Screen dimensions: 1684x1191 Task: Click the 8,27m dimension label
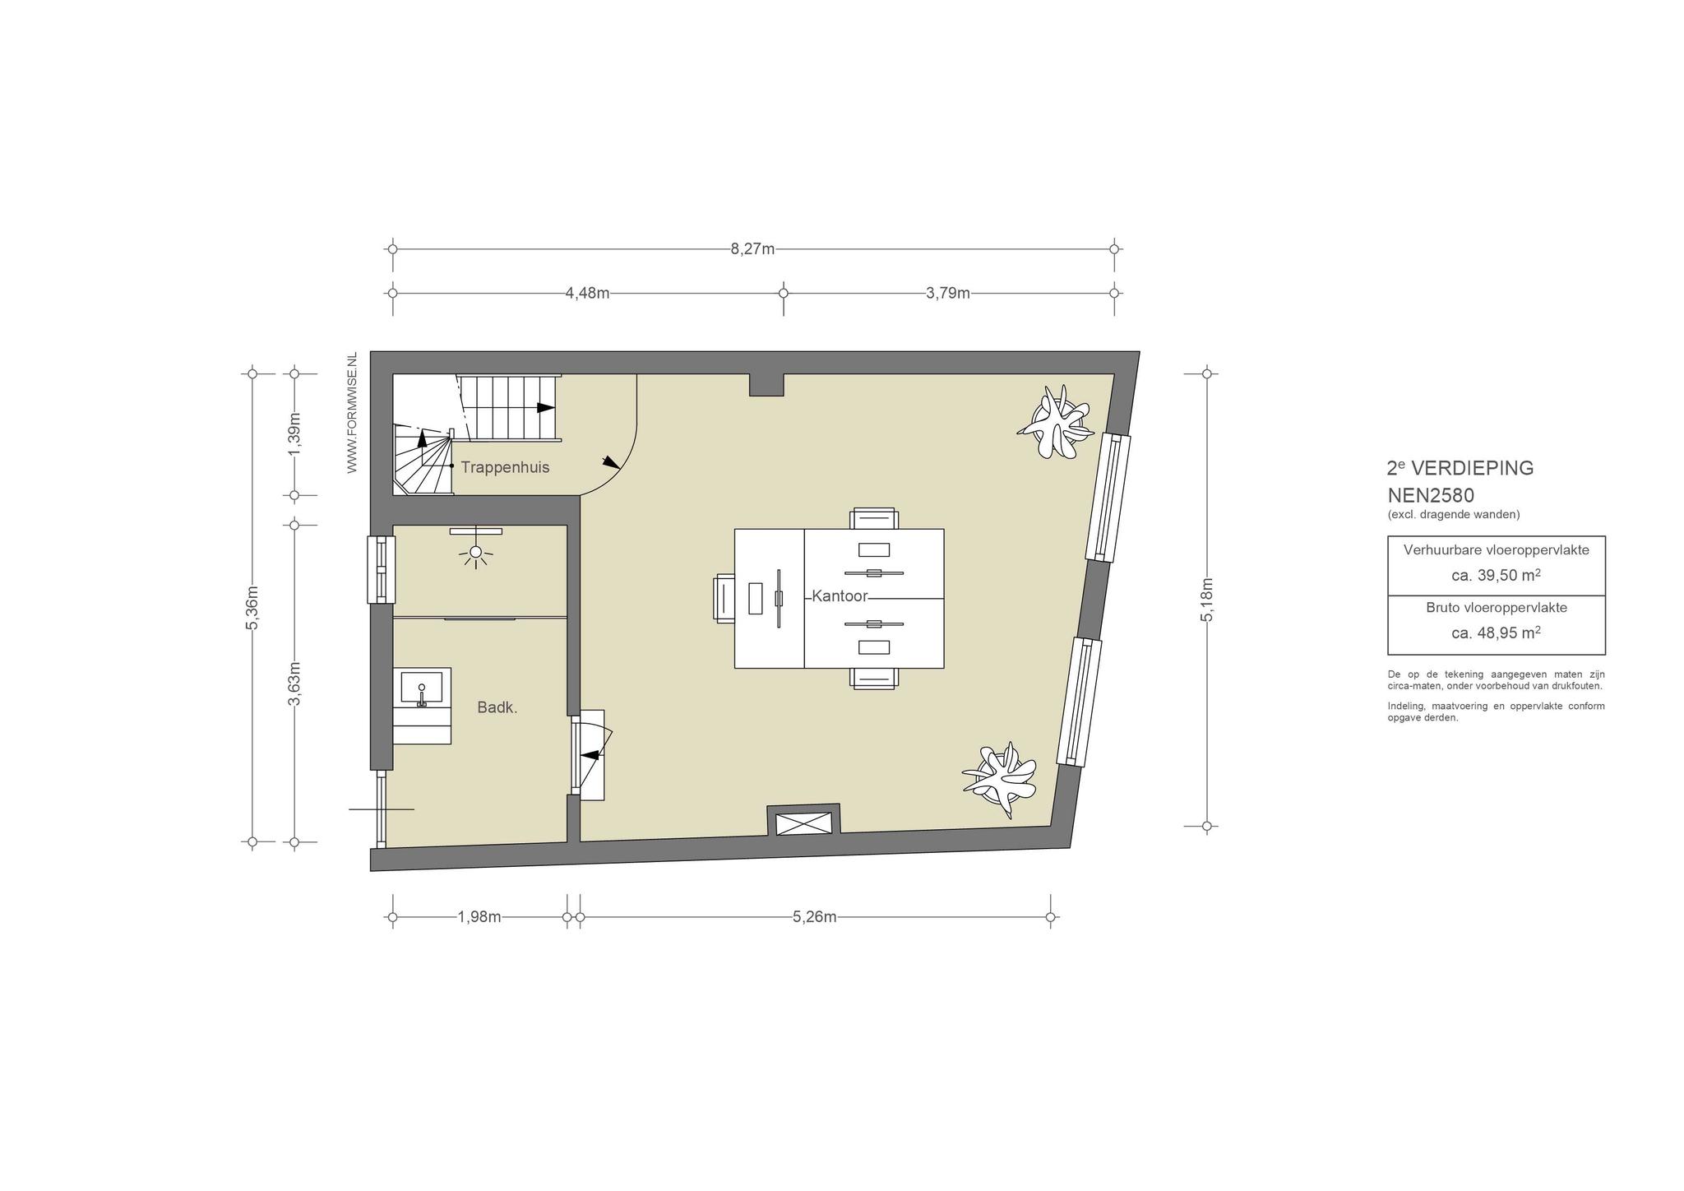tap(752, 248)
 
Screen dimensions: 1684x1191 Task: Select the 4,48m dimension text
tap(587, 293)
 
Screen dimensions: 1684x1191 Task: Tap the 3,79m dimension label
tap(948, 293)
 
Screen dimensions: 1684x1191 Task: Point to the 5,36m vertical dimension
tap(252, 608)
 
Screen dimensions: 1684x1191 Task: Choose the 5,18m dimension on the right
tap(1207, 600)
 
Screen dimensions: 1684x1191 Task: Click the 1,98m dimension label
tap(479, 917)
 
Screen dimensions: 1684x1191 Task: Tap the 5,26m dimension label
tap(815, 917)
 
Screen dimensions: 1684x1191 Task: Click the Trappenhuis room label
tap(505, 468)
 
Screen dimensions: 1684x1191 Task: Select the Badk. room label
tap(497, 707)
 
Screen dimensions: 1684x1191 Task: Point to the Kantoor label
tap(840, 596)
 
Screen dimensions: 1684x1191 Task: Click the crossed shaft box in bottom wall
tap(804, 824)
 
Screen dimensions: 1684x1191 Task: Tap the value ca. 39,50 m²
tap(1496, 576)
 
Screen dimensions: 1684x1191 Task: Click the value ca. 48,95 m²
tap(1496, 633)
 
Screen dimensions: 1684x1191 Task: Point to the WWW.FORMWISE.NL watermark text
tap(352, 413)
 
